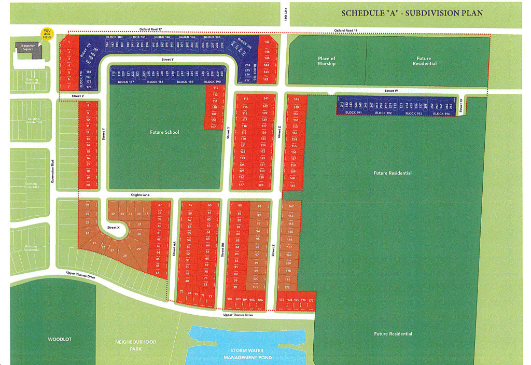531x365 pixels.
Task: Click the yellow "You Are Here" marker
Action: click(x=48, y=34)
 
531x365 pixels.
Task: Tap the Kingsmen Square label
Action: click(x=28, y=48)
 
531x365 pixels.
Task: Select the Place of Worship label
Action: click(x=327, y=61)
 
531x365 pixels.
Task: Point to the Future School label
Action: click(x=164, y=132)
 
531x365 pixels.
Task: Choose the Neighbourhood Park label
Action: click(x=135, y=345)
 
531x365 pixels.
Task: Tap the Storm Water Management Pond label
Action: click(x=247, y=354)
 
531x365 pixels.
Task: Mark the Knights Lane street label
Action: click(x=139, y=195)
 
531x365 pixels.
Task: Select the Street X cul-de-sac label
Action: click(x=113, y=228)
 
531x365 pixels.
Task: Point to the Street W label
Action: click(x=391, y=91)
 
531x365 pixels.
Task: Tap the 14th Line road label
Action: click(x=286, y=16)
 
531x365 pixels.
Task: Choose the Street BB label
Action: click(x=222, y=252)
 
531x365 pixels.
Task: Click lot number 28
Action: click(x=124, y=256)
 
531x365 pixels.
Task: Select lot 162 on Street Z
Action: click(x=290, y=206)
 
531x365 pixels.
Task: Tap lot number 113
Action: click(x=215, y=89)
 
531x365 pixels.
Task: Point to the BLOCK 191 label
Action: click(x=353, y=113)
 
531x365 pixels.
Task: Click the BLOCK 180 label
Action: click(x=114, y=37)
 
